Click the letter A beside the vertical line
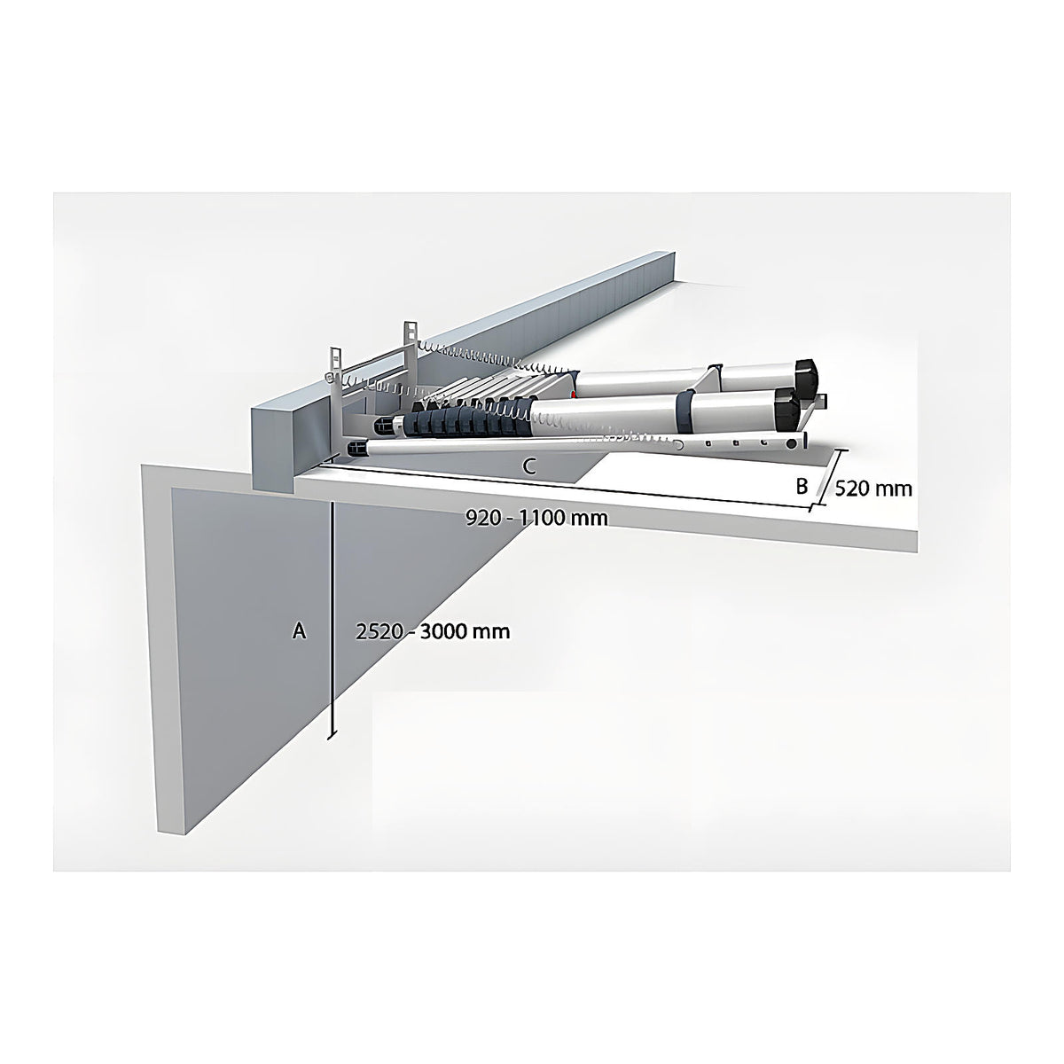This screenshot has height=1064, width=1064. pos(299,630)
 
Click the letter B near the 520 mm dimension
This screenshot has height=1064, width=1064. pos(802,487)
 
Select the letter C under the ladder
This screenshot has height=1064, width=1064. pos(529,467)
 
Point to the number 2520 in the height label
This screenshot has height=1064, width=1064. pos(382,631)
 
